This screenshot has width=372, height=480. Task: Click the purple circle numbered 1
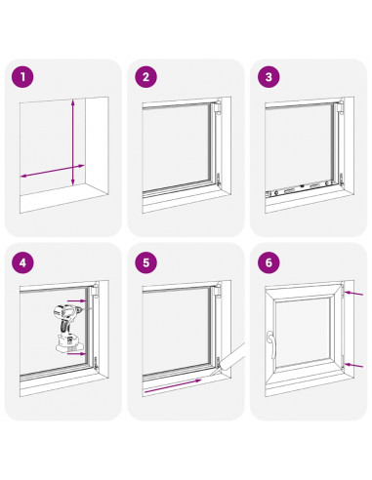[22, 77]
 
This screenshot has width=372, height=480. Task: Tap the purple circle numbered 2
[145, 77]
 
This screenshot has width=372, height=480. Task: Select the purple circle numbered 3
[269, 77]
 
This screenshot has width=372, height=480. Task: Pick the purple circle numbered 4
[22, 262]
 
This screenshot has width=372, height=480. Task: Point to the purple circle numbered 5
[145, 262]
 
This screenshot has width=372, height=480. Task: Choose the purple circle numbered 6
[269, 262]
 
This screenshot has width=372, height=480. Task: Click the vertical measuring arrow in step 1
[73, 142]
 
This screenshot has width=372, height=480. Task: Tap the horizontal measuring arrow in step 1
[53, 171]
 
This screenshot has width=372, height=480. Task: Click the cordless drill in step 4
[69, 328]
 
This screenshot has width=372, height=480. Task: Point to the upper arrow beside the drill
[78, 300]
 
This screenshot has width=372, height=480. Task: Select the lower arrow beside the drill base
[78, 353]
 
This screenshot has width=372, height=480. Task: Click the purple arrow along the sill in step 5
[173, 385]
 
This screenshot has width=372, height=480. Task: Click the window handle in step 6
[270, 343]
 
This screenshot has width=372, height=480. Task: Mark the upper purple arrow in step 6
[353, 294]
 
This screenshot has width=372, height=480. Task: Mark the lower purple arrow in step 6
[353, 366]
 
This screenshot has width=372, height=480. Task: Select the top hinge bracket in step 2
[218, 107]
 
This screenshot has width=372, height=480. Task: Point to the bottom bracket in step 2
[219, 180]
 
